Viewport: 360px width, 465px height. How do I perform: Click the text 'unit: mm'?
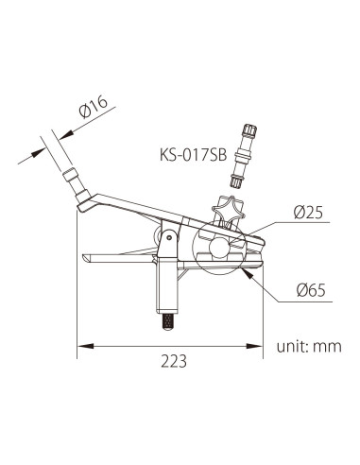(x=307, y=346)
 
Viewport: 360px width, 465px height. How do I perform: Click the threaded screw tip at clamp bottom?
(x=166, y=321)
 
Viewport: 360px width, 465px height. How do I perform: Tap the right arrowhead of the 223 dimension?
(x=262, y=347)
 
